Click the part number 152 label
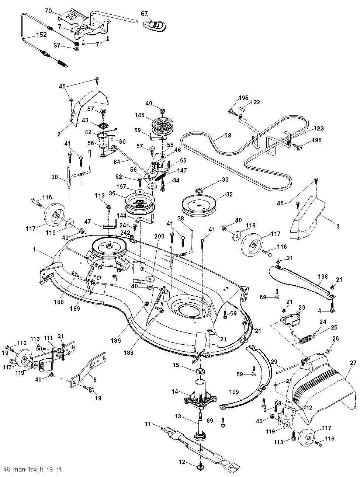click(x=41, y=35)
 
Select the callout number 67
click(x=144, y=14)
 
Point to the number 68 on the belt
click(x=228, y=135)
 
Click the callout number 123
click(x=319, y=128)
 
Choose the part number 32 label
click(x=229, y=195)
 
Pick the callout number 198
click(x=323, y=276)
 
